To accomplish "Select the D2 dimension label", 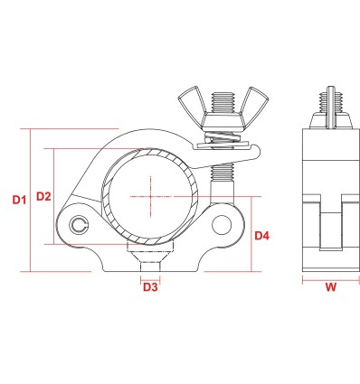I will pyautogui.click(x=41, y=196).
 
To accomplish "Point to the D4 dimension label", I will pyautogui.click(x=263, y=237).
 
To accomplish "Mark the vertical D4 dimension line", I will pyautogui.click(x=249, y=236).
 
